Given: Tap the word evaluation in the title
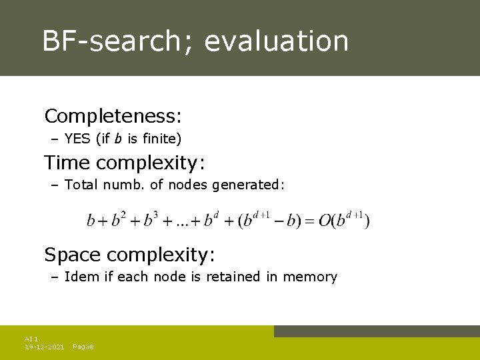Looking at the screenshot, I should tap(276, 41).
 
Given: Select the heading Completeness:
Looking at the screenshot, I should tap(113, 116).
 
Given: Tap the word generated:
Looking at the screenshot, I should tap(249, 185).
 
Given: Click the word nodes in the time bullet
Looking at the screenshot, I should tap(188, 185).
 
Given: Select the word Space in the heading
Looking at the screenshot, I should tap(73, 254).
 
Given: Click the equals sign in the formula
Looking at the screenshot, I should tap(310, 221).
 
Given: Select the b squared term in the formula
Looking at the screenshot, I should tap(119, 219).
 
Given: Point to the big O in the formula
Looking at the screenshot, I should tap(325, 220).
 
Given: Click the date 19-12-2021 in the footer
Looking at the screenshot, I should tap(44, 347).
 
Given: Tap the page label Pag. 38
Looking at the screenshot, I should tap(83, 347).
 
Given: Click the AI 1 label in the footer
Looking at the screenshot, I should tap(31, 339).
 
